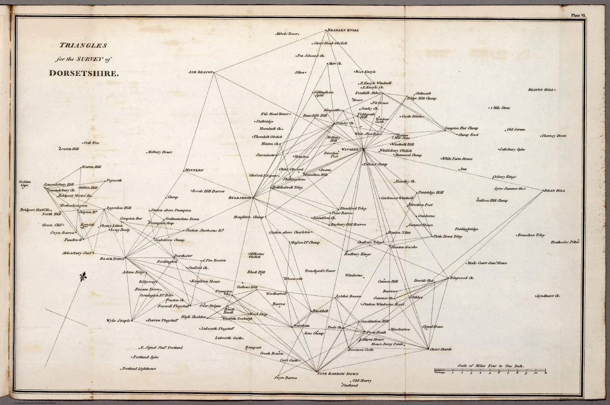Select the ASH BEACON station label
coord(201,72)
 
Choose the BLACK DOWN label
coord(112,258)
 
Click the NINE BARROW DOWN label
coord(338,374)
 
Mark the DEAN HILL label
coord(555,191)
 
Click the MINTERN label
coord(194,170)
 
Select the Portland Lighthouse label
coord(139,368)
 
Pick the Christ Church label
coord(441,349)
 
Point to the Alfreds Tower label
coord(286,34)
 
